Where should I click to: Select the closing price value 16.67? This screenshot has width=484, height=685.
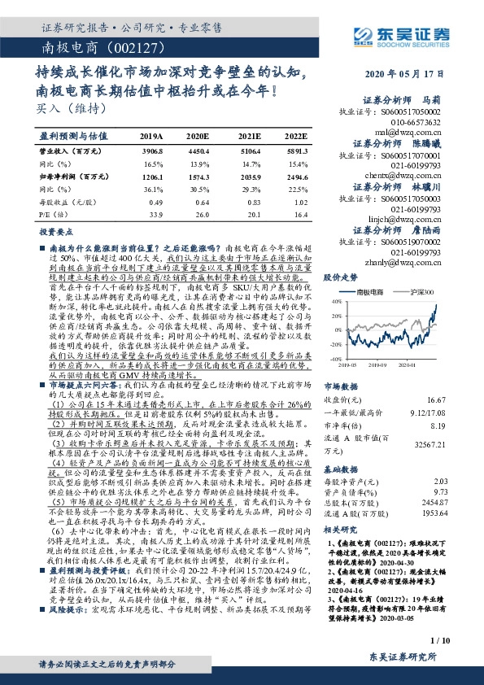pyautogui.click(x=460, y=399)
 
